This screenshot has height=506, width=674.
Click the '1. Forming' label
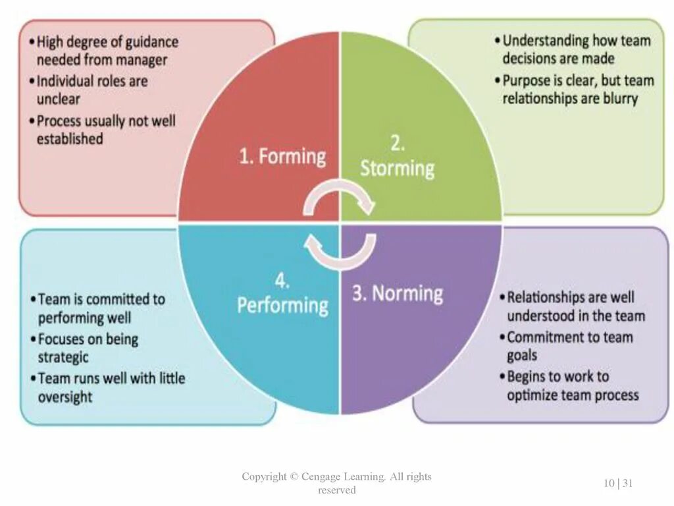[282, 157]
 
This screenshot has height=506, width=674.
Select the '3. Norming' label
[398, 294]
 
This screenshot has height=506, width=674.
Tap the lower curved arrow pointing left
[339, 252]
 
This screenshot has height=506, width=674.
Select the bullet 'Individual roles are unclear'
[92, 90]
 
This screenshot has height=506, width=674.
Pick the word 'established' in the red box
[70, 139]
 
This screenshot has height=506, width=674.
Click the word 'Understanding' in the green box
[546, 41]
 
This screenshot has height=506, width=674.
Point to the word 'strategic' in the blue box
[63, 358]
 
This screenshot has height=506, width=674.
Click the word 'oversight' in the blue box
[65, 397]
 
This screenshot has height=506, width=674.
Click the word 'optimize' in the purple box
[532, 395]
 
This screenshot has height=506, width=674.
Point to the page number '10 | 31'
[618, 483]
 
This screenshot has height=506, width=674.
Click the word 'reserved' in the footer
[337, 490]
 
